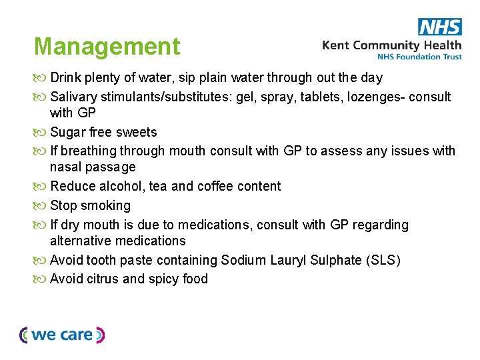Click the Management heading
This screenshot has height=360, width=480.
click(x=107, y=47)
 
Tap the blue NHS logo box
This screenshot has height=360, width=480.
click(x=439, y=27)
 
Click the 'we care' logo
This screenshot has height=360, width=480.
click(x=62, y=335)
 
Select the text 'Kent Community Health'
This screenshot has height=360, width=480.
click(x=391, y=45)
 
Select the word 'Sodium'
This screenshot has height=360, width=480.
click(x=244, y=260)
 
